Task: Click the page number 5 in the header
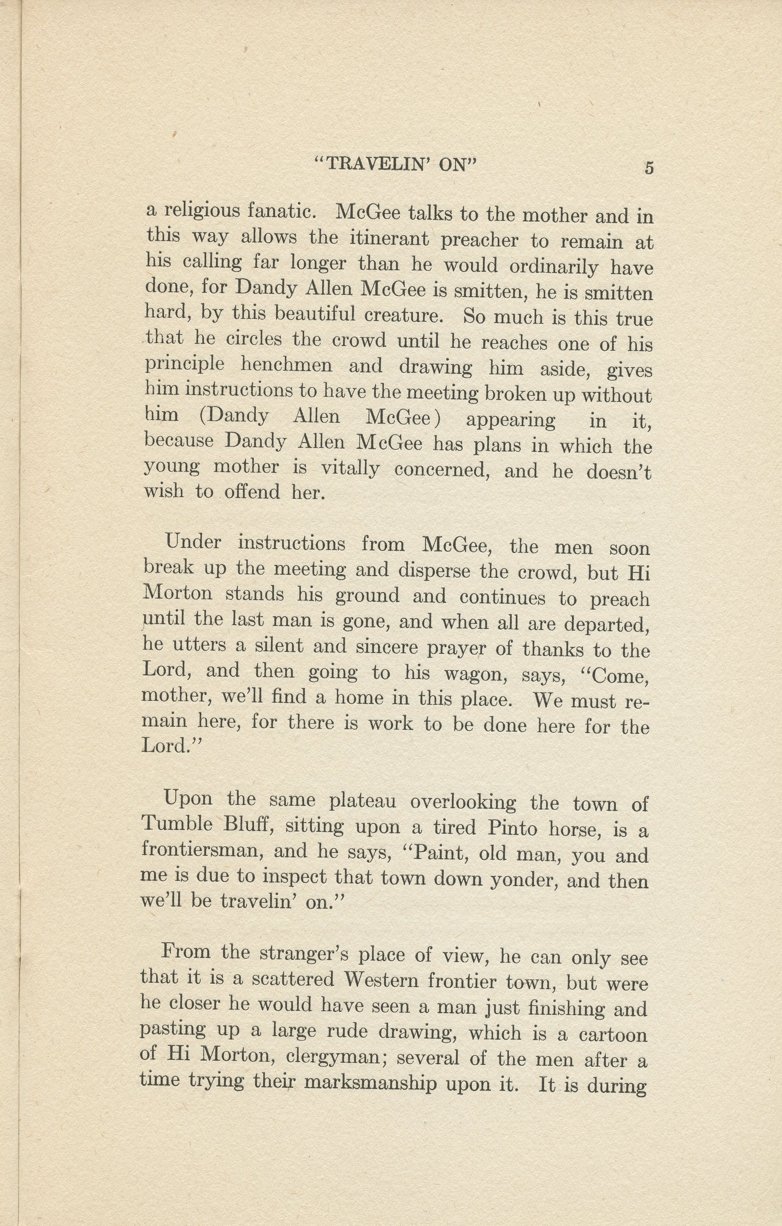(649, 168)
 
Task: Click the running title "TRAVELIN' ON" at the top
(395, 164)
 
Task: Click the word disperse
(434, 571)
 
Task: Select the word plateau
(362, 801)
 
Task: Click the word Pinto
(513, 828)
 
